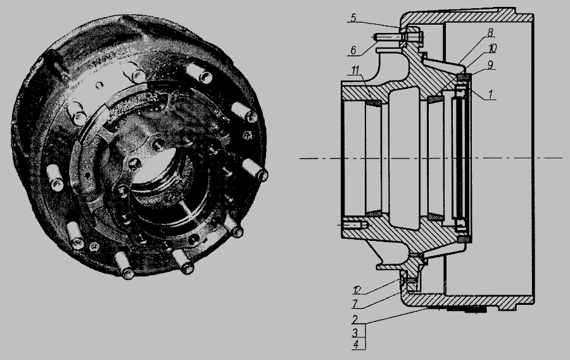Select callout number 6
point(354,50)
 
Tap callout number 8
point(490,33)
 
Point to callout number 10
point(492,48)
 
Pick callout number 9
point(490,65)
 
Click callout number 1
point(490,94)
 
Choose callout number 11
point(357,70)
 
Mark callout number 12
point(357,290)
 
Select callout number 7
point(355,303)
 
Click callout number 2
point(355,319)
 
